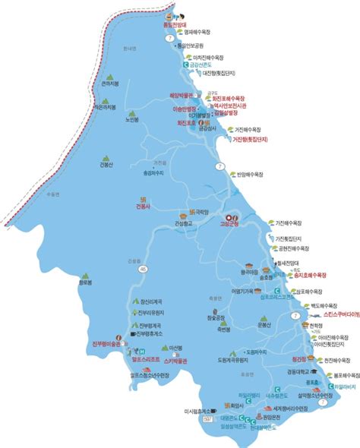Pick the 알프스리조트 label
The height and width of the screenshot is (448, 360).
tap(144, 361)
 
